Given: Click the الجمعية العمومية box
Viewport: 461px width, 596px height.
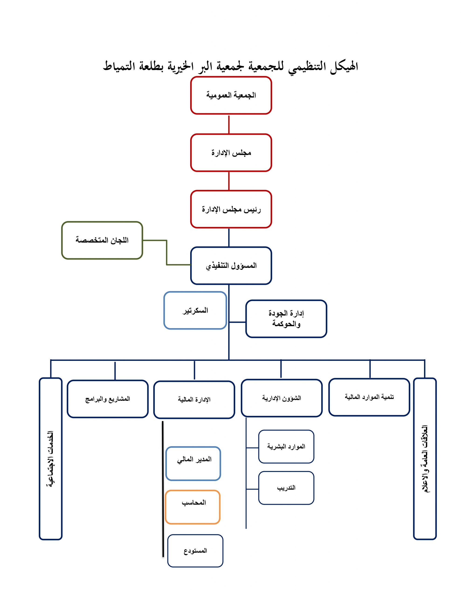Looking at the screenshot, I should tap(231, 95).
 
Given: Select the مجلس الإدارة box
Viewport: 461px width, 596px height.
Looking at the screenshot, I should tap(231, 152).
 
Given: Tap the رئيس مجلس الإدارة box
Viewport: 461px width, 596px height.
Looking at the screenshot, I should tap(231, 209).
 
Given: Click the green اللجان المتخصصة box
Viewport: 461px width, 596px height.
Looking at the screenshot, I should tap(102, 240).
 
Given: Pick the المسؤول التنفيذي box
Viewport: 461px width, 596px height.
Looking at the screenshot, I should tap(231, 266).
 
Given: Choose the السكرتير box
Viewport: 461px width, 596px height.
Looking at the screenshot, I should tap(195, 310).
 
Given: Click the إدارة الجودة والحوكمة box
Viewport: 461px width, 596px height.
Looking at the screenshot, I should tap(286, 319).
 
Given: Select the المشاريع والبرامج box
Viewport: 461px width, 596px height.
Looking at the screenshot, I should tap(107, 399).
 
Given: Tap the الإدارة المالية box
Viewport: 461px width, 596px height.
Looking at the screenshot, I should tap(194, 400).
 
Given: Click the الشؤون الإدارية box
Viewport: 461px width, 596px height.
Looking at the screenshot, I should tap(282, 398).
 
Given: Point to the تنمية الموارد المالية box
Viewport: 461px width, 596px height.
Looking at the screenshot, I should tap(369, 397).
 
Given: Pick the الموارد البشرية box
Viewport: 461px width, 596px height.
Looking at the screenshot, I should tap(286, 447).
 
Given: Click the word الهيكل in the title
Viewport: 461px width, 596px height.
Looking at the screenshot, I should tap(344, 66).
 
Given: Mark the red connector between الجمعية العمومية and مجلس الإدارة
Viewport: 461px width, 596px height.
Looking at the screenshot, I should tap(229, 124).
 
